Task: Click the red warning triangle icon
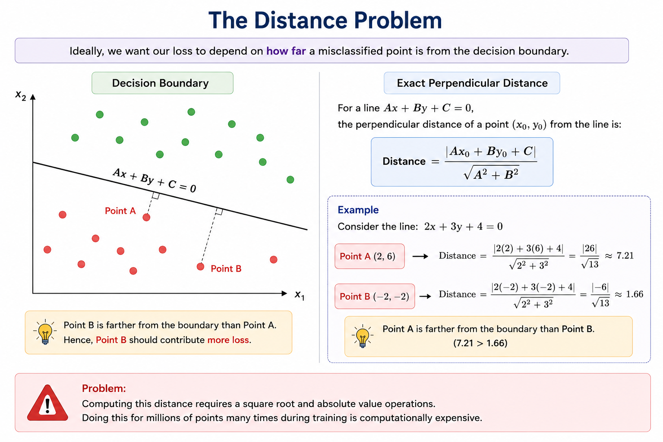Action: (x=47, y=403)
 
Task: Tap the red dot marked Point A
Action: (x=146, y=217)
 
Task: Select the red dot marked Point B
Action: (x=200, y=267)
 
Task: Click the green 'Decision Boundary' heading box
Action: (x=162, y=83)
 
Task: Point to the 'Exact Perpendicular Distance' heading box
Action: (x=472, y=83)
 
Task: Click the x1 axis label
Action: (x=300, y=295)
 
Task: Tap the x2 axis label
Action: (x=21, y=96)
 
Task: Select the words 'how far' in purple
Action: (x=286, y=51)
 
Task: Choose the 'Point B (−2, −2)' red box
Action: (x=375, y=297)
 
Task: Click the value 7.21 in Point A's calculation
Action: (x=625, y=256)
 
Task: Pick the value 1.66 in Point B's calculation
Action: (x=635, y=294)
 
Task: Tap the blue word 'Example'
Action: (x=358, y=210)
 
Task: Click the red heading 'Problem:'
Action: (x=104, y=388)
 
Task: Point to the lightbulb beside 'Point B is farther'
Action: (x=45, y=332)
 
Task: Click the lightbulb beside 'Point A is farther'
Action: (x=363, y=336)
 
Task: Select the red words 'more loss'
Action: (x=228, y=340)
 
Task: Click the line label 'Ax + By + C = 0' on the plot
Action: (x=155, y=180)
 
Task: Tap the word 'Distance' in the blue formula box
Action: (x=404, y=161)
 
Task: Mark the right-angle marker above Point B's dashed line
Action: (x=219, y=211)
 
